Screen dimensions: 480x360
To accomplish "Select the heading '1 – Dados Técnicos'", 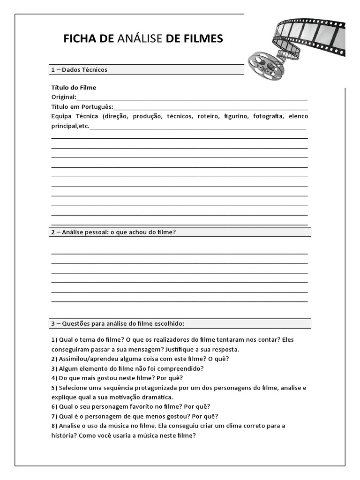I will tap(79, 70).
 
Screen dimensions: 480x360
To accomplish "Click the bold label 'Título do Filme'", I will tap(74, 87).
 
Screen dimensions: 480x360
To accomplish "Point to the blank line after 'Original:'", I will tap(192, 97).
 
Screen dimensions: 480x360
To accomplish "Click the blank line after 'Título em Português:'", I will tap(210, 107).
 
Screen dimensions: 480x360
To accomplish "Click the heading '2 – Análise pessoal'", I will tap(113, 232).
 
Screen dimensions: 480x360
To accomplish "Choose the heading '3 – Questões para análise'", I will tap(118, 323).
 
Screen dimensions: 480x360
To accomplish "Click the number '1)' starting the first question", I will tap(54, 339).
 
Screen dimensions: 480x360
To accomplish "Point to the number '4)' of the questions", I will tap(54, 378).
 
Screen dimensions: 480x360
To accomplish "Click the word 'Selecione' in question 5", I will tap(73, 388).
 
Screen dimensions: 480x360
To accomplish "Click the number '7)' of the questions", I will tap(54, 416).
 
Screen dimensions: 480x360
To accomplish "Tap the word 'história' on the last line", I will tap(62, 435).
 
